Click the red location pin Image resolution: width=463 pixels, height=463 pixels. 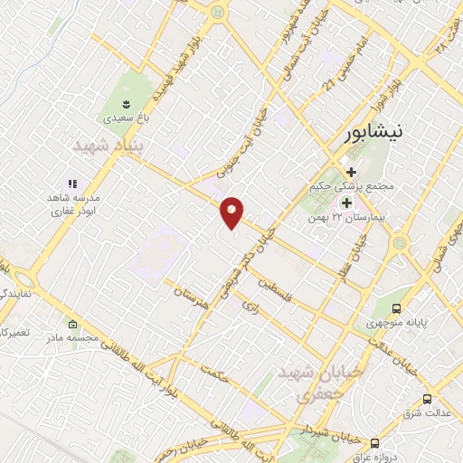232,211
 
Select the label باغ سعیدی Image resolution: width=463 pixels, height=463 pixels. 124,117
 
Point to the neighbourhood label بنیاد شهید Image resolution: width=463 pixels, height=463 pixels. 109,145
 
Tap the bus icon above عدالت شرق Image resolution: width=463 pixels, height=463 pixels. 426,399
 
